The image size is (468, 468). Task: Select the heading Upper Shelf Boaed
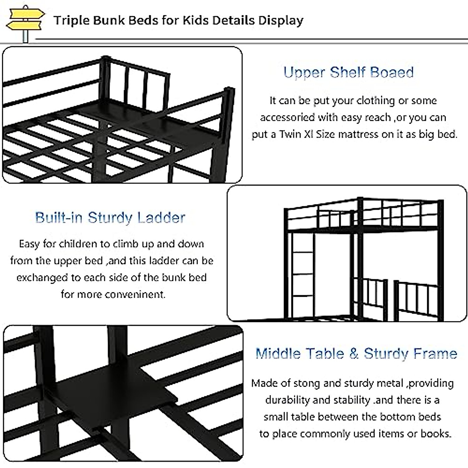pyautogui.click(x=348, y=73)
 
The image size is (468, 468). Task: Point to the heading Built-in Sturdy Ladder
pyautogui.click(x=110, y=217)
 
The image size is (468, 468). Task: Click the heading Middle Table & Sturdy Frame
pyautogui.click(x=356, y=353)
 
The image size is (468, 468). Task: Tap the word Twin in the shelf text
pyautogui.click(x=289, y=135)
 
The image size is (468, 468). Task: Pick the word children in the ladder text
pyautogui.click(x=78, y=244)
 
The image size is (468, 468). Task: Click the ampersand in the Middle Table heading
pyautogui.click(x=354, y=353)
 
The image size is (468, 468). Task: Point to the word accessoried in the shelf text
pyautogui.click(x=287, y=118)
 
